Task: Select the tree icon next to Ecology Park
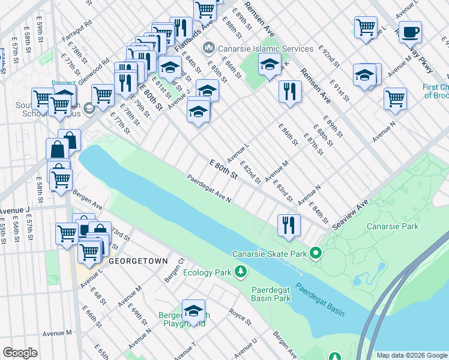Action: [240, 272]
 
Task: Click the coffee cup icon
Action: [410, 31]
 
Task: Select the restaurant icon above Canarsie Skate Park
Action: [289, 225]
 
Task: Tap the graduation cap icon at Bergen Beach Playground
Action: [193, 310]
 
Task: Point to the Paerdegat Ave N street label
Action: [208, 189]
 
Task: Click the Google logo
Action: [20, 353]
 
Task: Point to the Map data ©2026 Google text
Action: [411, 355]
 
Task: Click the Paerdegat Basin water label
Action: [321, 299]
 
